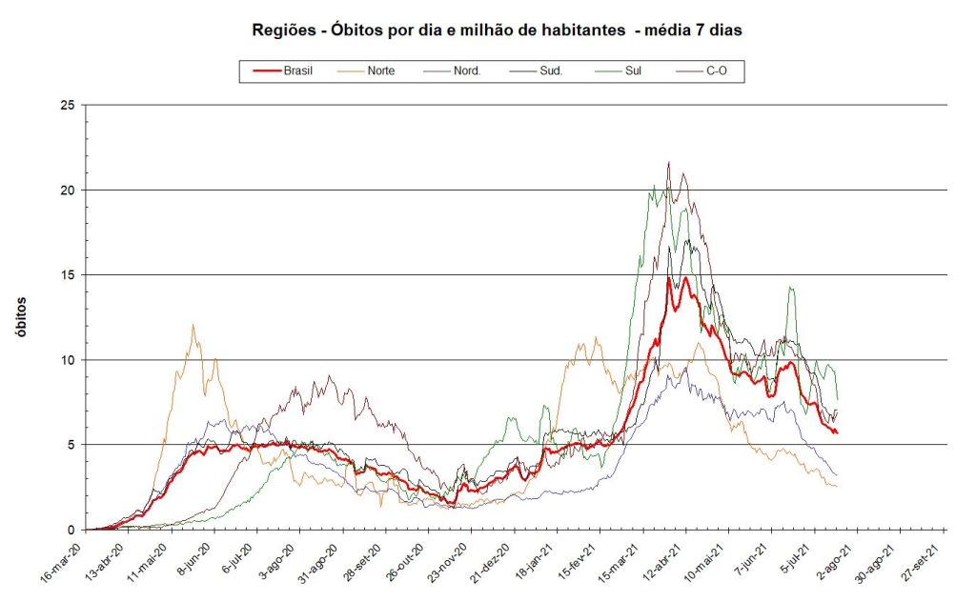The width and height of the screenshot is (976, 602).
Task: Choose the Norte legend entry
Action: point(380,70)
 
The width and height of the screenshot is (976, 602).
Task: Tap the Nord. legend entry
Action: point(465,70)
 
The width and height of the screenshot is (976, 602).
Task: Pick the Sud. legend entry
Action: point(549,70)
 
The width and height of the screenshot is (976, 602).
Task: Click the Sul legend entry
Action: point(633,70)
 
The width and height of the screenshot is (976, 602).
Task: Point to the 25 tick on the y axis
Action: point(66,105)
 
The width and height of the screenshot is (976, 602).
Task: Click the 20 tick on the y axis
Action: point(66,190)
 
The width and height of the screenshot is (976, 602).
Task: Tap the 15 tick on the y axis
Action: point(66,274)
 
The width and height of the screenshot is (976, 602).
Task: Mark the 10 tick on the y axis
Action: point(66,359)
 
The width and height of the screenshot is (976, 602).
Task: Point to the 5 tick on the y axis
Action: point(70,445)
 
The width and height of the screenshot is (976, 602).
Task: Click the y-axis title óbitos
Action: point(21,316)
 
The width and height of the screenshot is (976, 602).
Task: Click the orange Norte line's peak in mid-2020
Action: point(193,325)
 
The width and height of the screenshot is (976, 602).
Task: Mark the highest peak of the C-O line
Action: point(669,162)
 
